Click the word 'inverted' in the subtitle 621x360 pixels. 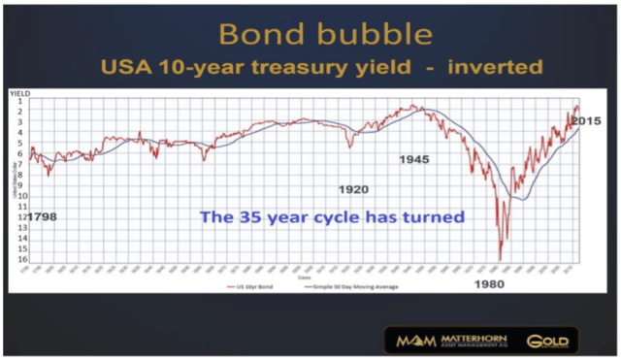[x=501, y=70]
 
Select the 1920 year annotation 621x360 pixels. [x=353, y=188]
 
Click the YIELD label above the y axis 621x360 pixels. [x=20, y=93]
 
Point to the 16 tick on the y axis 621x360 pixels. [x=18, y=260]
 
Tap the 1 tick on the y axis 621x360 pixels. [x=19, y=103]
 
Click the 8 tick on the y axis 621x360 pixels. [x=19, y=176]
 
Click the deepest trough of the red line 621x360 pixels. [x=500, y=259]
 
